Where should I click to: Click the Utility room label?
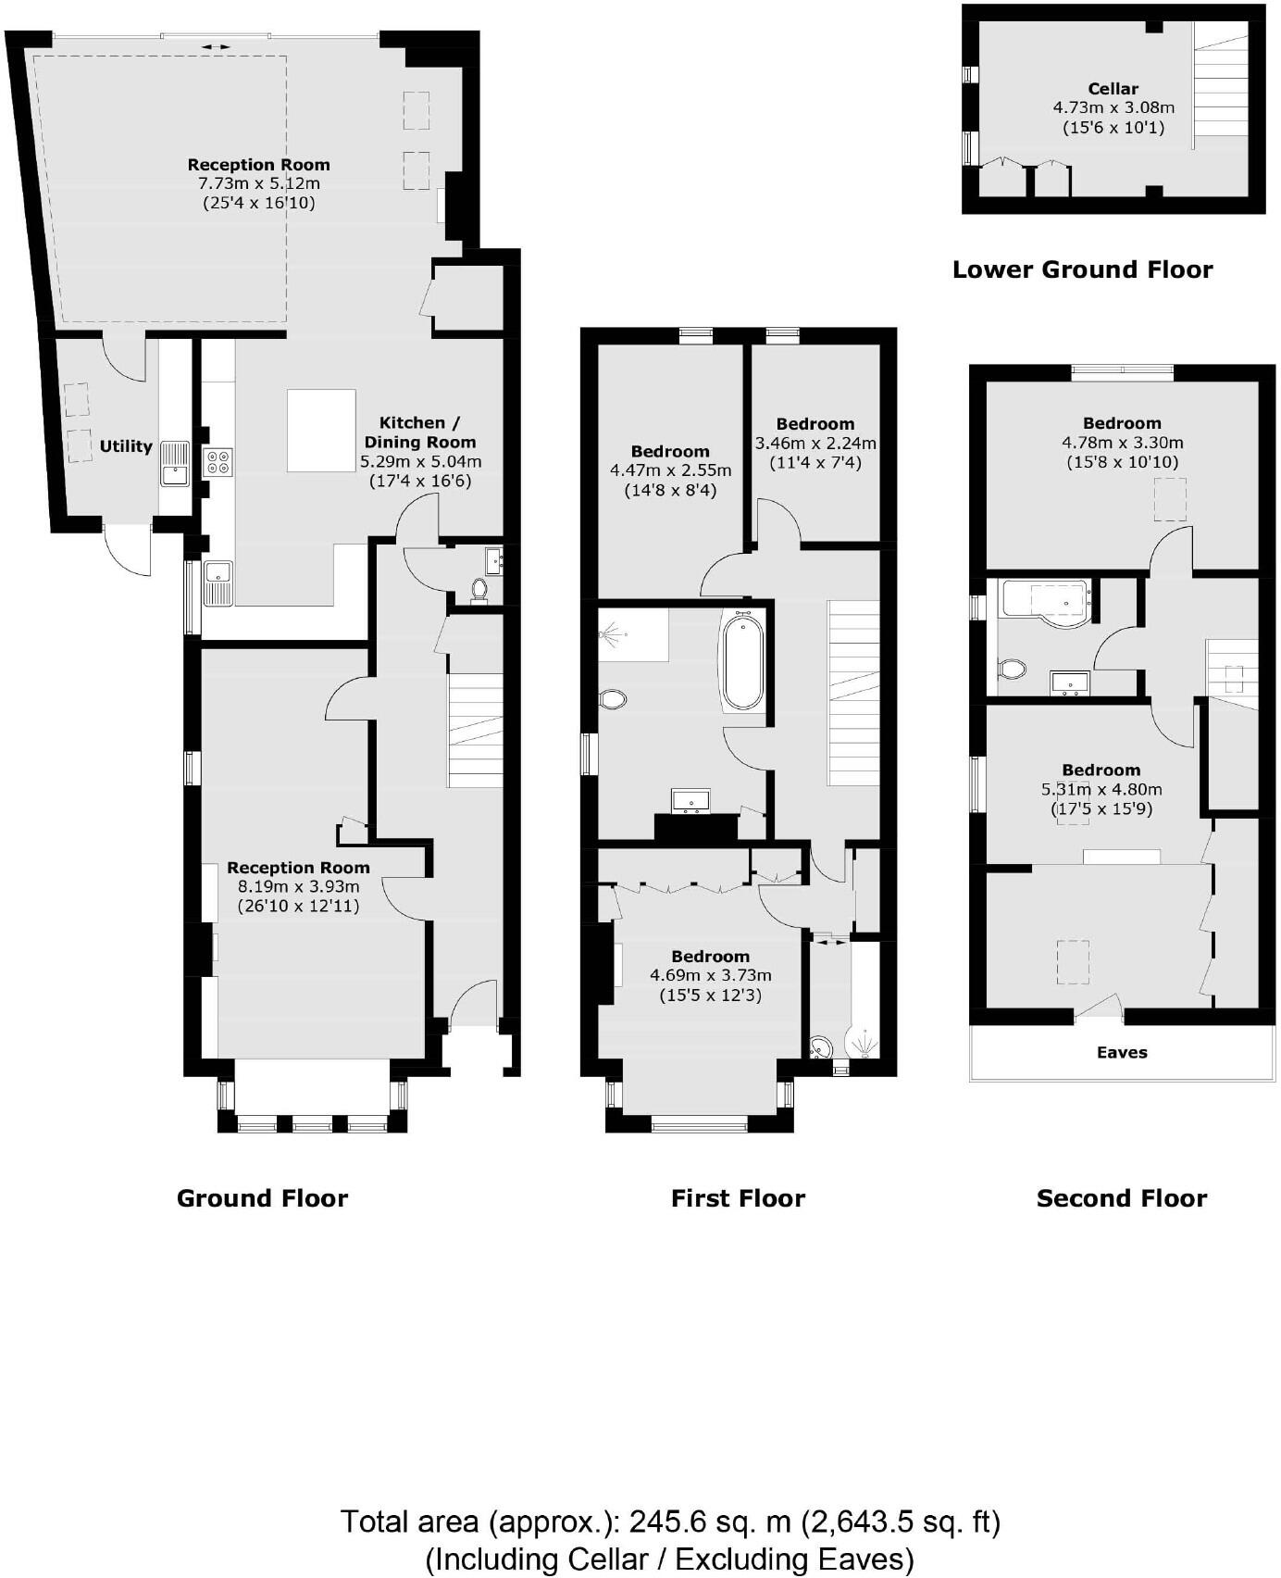[126, 446]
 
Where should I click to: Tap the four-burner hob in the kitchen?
[218, 461]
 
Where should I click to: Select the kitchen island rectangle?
[321, 431]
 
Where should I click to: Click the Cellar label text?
[1113, 89]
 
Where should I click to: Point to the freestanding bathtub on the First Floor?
[742, 660]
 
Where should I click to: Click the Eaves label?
[1122, 1052]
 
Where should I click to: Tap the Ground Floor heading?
[262, 1198]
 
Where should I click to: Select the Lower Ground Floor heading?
[1082, 269]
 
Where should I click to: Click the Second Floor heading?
[1121, 1198]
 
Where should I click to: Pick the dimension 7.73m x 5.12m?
[258, 183]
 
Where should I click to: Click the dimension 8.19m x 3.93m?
[298, 887]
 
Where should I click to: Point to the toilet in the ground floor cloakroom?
[479, 588]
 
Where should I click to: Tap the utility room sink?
[174, 464]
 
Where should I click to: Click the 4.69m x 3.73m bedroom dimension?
[710, 975]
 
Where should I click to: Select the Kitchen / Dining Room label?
[419, 432]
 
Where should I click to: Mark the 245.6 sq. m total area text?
[670, 1522]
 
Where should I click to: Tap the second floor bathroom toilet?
[1012, 669]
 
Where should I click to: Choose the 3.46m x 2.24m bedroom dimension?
[815, 443]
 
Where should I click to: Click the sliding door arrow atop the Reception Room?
[216, 45]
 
